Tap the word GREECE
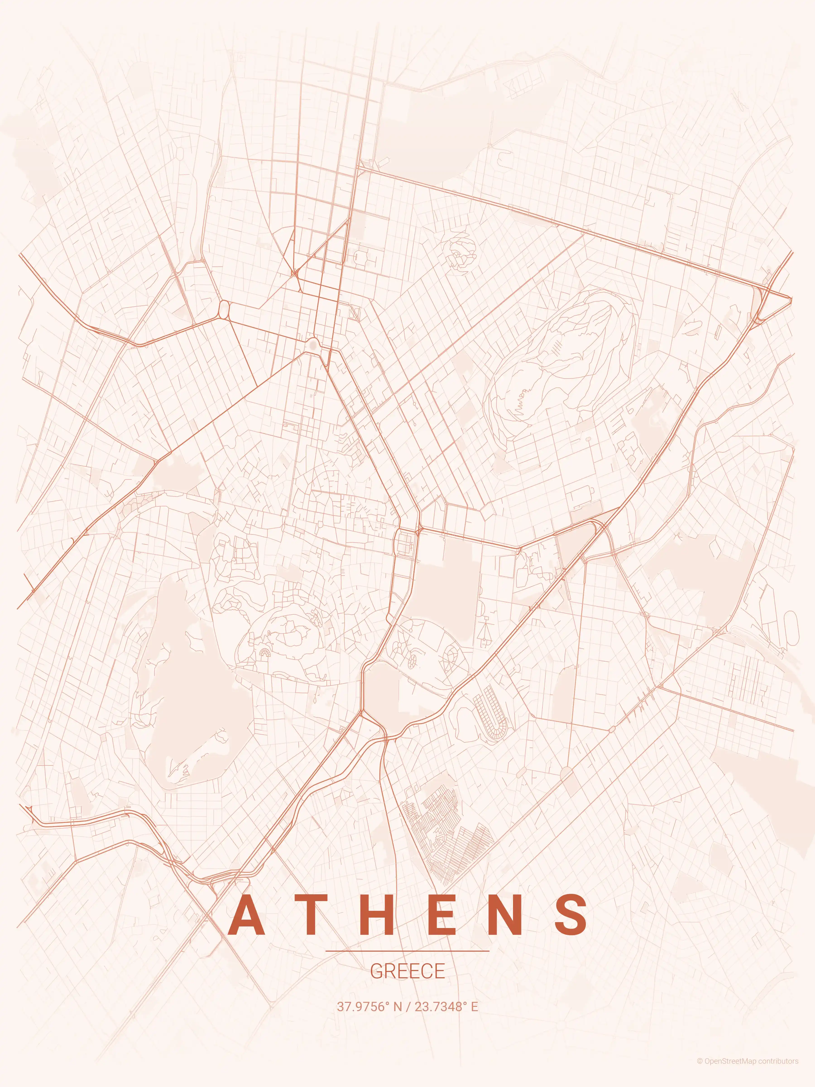point(407,971)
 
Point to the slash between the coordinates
point(408,1006)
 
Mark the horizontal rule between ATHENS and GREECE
point(407,951)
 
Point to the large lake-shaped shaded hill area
point(187,688)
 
